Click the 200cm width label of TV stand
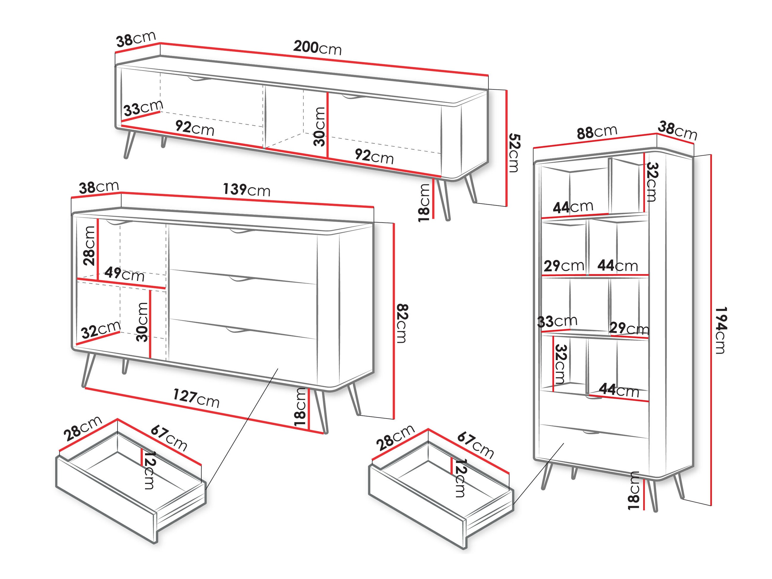point(317,48)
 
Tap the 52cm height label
point(514,153)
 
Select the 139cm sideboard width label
point(246,190)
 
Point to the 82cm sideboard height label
point(402,324)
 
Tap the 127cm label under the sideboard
point(196,398)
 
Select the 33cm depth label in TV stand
point(143,108)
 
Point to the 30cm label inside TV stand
point(319,126)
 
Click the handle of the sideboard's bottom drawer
point(238,330)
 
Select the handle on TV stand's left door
point(199,80)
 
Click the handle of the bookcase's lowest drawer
point(591,432)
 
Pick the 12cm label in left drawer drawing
point(150,470)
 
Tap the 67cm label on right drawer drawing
point(475,445)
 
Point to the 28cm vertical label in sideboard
point(89,246)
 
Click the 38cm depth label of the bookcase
point(677,130)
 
